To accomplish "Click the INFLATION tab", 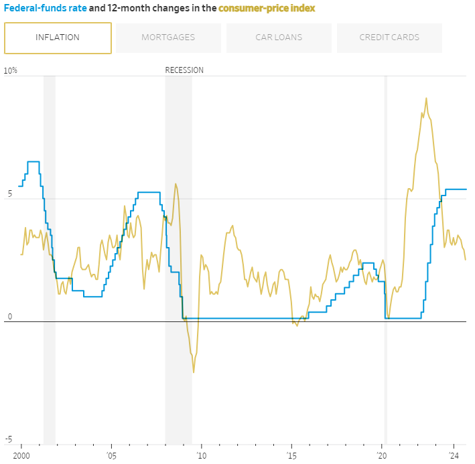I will [x=58, y=37].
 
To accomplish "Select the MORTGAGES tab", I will [x=168, y=37].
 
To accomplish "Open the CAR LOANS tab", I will [x=279, y=37].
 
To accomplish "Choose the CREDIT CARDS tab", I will [x=389, y=37].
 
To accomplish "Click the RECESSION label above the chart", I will [x=184, y=70].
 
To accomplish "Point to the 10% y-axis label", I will [x=11, y=70].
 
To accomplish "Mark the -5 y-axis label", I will [x=8, y=439].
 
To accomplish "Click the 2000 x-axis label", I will [x=21, y=455].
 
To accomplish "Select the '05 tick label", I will [x=112, y=455].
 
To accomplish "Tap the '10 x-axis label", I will [x=202, y=455].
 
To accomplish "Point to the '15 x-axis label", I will [x=292, y=455].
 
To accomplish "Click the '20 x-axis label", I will [x=383, y=455].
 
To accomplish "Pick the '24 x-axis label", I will [x=454, y=455].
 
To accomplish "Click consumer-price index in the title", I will [x=267, y=9].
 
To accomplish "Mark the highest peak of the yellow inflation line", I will [x=426, y=98].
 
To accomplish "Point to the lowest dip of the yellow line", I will [x=194, y=372].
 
